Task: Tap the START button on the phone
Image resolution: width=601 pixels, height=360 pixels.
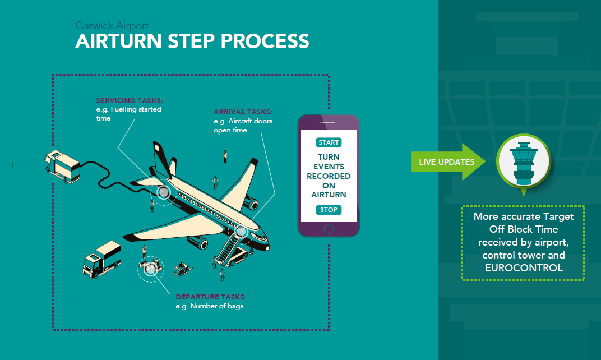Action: click(329, 142)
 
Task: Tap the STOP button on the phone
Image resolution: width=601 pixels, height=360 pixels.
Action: click(329, 210)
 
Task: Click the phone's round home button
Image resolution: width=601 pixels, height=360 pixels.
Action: click(329, 229)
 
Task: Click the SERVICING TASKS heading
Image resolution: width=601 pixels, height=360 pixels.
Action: click(130, 101)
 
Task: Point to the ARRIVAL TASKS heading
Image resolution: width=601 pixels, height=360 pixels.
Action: click(243, 112)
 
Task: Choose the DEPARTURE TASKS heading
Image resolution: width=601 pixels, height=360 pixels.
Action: click(211, 297)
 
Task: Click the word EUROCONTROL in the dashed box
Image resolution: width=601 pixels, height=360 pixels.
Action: click(523, 267)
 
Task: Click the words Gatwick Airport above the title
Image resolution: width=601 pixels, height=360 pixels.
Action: click(112, 26)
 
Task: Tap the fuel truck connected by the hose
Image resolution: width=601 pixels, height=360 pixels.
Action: click(63, 165)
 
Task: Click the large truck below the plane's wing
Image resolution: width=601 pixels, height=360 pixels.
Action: click(102, 259)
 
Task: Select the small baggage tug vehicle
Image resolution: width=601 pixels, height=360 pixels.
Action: click(182, 270)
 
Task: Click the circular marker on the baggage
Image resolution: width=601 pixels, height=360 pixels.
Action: click(150, 269)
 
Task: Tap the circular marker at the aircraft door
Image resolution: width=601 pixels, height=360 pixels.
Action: click(242, 230)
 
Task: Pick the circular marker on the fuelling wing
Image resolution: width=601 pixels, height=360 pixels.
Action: click(163, 192)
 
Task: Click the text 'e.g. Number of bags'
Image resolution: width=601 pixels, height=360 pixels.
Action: click(209, 306)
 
